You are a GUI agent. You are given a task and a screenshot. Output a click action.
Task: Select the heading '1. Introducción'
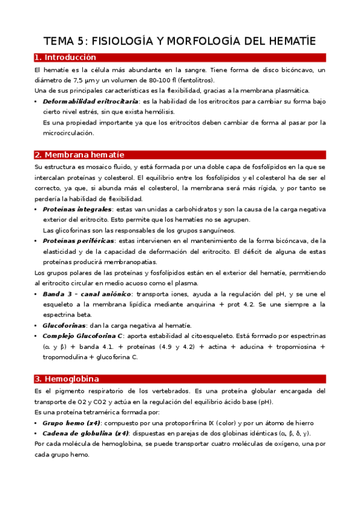66,58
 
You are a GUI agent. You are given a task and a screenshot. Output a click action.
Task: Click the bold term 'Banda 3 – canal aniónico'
87,293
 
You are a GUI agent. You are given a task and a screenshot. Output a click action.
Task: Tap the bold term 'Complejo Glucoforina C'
82,336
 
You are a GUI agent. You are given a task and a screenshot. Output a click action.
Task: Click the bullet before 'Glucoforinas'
36,325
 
